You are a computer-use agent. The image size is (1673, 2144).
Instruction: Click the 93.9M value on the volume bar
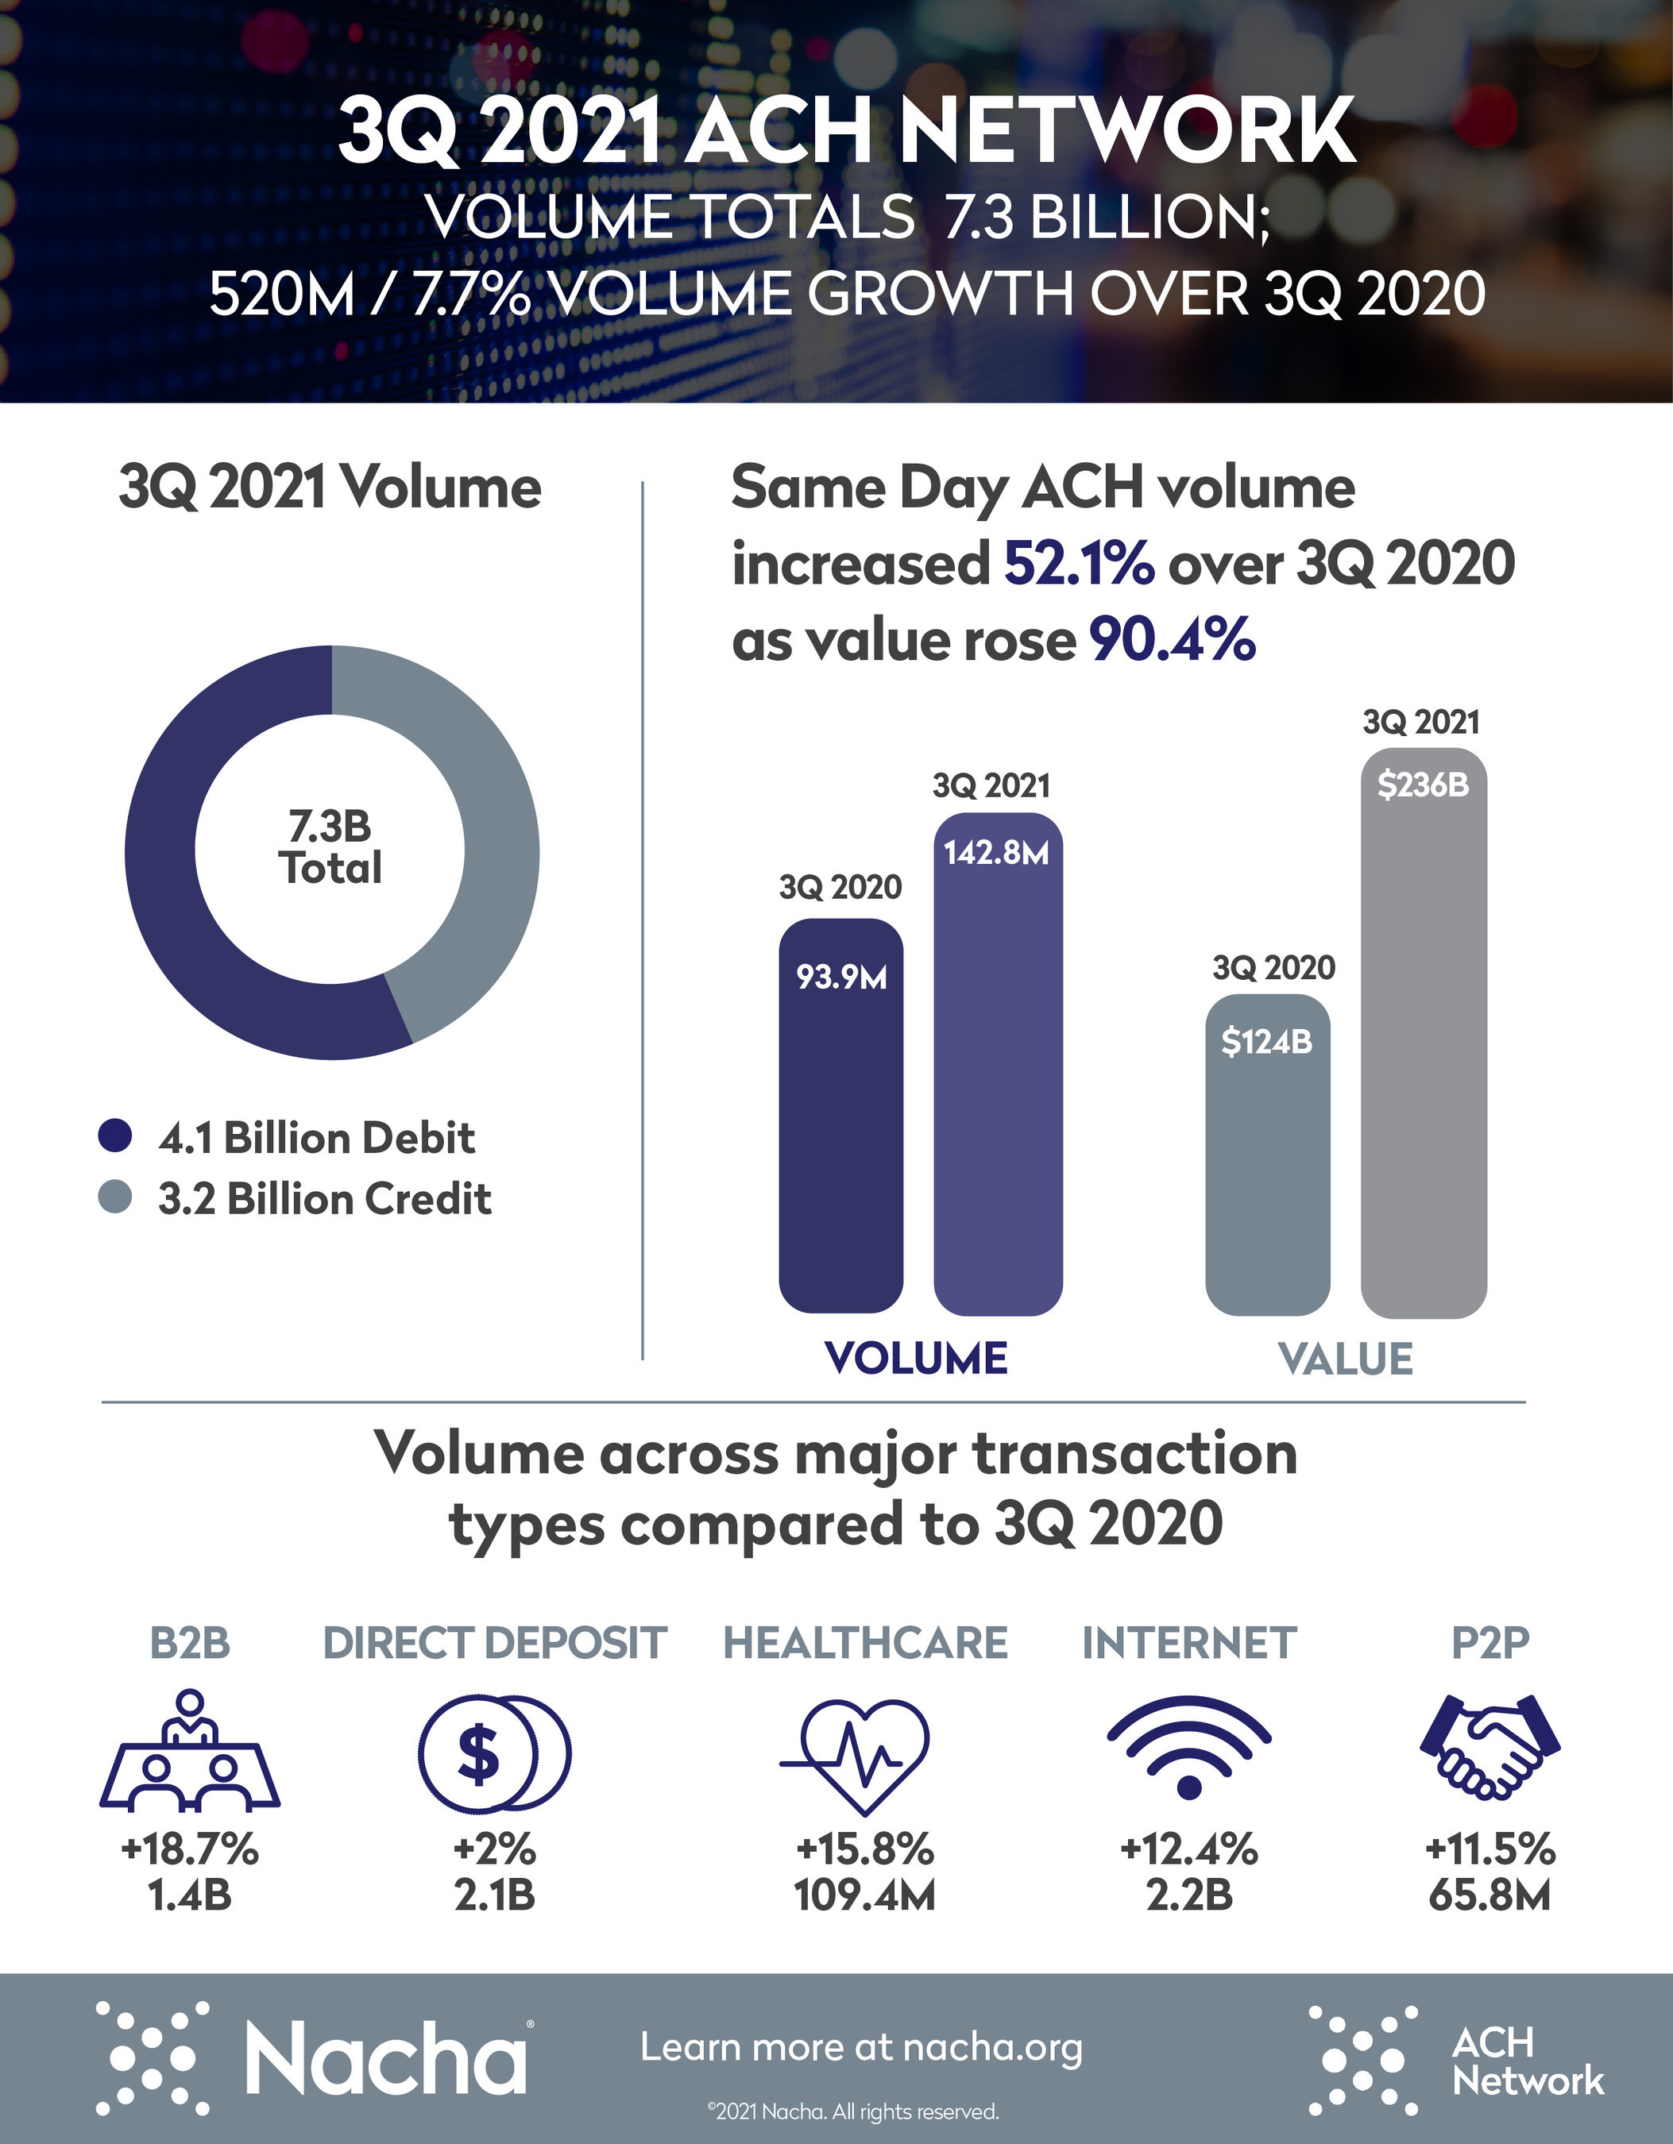pyautogui.click(x=841, y=978)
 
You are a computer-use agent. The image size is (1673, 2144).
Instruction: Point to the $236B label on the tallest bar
pyautogui.click(x=1423, y=785)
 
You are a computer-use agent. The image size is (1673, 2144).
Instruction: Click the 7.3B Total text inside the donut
pyautogui.click(x=331, y=848)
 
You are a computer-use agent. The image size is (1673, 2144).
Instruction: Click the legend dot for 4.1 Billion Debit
pyautogui.click(x=115, y=1136)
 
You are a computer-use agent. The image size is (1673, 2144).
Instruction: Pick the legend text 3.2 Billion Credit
pyautogui.click(x=324, y=1198)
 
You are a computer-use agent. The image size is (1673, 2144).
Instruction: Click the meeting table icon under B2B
pyautogui.click(x=190, y=1753)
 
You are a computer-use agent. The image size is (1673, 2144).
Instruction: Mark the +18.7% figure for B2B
pyautogui.click(x=190, y=1849)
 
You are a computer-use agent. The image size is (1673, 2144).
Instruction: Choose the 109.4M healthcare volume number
pyautogui.click(x=864, y=1895)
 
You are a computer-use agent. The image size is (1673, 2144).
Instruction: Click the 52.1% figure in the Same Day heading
pyautogui.click(x=1078, y=564)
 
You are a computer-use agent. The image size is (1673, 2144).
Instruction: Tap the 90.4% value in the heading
pyautogui.click(x=1173, y=640)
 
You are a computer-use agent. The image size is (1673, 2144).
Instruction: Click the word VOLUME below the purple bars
pyautogui.click(x=916, y=1359)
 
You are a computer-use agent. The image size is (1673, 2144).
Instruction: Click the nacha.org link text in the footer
pyautogui.click(x=991, y=2047)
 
